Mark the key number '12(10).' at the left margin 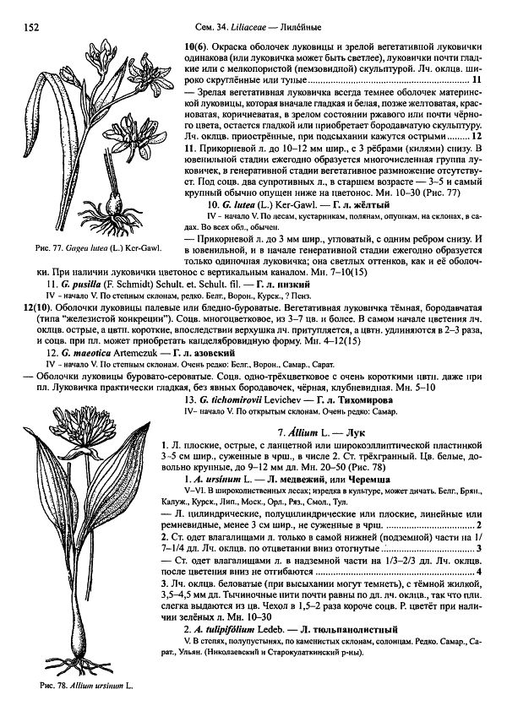click(x=18, y=309)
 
